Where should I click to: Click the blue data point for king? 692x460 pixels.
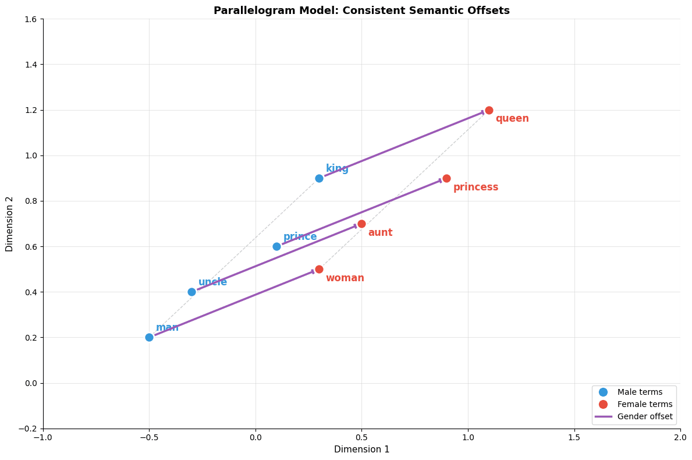pyautogui.click(x=319, y=178)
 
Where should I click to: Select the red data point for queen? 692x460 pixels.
pyautogui.click(x=489, y=110)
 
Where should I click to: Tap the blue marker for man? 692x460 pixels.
pyautogui.click(x=149, y=337)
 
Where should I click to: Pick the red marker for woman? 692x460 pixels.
pyautogui.click(x=319, y=269)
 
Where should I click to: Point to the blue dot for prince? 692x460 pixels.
pyautogui.click(x=276, y=246)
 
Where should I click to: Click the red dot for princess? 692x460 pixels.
pyautogui.click(x=446, y=178)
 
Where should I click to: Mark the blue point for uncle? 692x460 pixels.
pyautogui.click(x=191, y=292)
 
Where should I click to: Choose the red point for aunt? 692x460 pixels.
pyautogui.click(x=361, y=224)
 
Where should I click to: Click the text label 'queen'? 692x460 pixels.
pyautogui.click(x=512, y=119)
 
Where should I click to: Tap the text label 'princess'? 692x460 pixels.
pyautogui.click(x=475, y=187)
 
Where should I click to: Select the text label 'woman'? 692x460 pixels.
pyautogui.click(x=345, y=278)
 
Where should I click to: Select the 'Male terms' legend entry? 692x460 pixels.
pyautogui.click(x=640, y=392)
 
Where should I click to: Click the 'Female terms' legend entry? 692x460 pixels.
pyautogui.click(x=644, y=404)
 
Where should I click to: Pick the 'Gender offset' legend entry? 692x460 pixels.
pyautogui.click(x=644, y=416)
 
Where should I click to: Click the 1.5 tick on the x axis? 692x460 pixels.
pyautogui.click(x=574, y=437)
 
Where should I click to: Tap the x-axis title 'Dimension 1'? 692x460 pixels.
pyautogui.click(x=361, y=450)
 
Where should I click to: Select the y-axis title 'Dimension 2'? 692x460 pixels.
pyautogui.click(x=9, y=224)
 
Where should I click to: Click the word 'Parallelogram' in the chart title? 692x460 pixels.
pyautogui.click(x=247, y=10)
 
